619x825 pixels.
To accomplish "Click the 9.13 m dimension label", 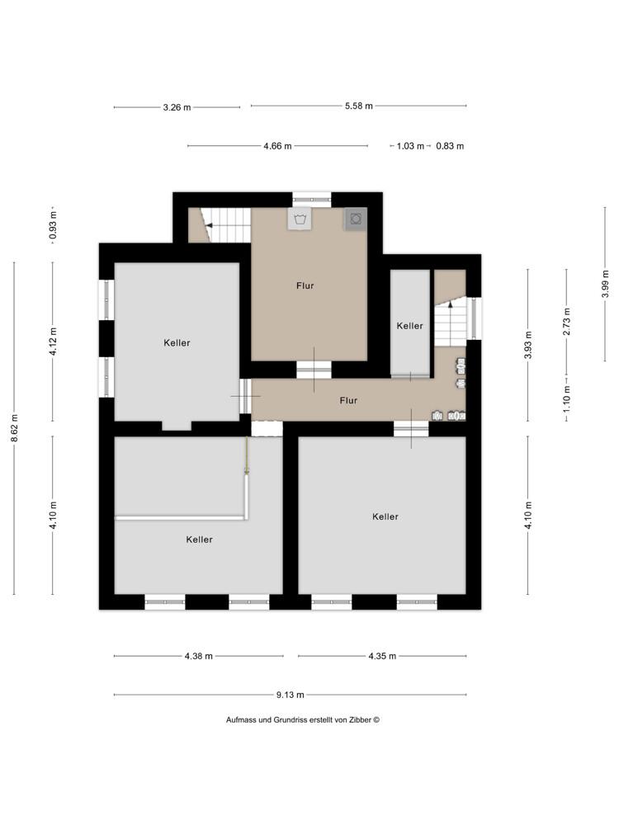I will pyautogui.click(x=290, y=695).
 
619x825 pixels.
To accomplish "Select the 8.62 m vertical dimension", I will pyautogui.click(x=14, y=429).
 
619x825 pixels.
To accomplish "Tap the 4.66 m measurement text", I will pyautogui.click(x=277, y=146).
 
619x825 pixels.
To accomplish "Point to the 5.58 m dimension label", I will pyautogui.click(x=358, y=106).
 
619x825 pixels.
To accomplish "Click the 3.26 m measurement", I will pyautogui.click(x=177, y=106).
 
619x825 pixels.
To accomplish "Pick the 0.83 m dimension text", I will pyautogui.click(x=450, y=146).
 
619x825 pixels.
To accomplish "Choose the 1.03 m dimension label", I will pyautogui.click(x=410, y=146).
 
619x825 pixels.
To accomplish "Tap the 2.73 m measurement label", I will pyautogui.click(x=566, y=318).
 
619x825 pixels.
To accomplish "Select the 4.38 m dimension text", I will pyautogui.click(x=198, y=656).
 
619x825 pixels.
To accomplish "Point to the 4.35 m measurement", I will pyautogui.click(x=381, y=656).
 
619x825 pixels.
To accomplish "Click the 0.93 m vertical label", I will pyautogui.click(x=53, y=225).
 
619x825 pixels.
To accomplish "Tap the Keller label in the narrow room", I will pyautogui.click(x=409, y=326).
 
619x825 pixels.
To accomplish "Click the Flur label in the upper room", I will pyautogui.click(x=305, y=285).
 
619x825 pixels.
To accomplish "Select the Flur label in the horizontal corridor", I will pyautogui.click(x=348, y=400).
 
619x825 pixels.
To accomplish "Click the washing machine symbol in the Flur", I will pyautogui.click(x=299, y=219).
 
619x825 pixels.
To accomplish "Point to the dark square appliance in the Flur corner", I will pyautogui.click(x=356, y=219).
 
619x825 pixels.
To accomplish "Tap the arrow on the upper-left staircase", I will pyautogui.click(x=210, y=224).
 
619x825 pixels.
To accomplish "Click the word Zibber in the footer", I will pyautogui.click(x=359, y=719).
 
